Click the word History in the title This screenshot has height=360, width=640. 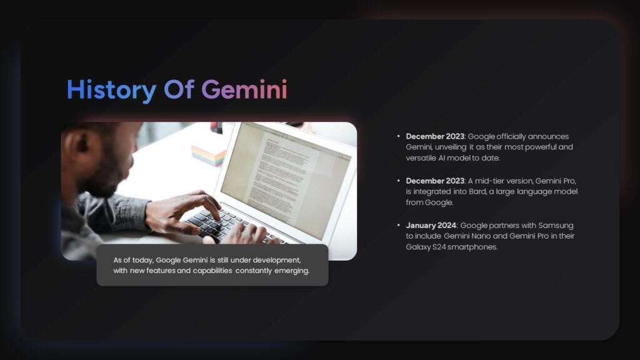[111, 90]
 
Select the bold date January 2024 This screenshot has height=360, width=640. [431, 225]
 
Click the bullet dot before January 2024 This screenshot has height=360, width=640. [399, 225]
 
